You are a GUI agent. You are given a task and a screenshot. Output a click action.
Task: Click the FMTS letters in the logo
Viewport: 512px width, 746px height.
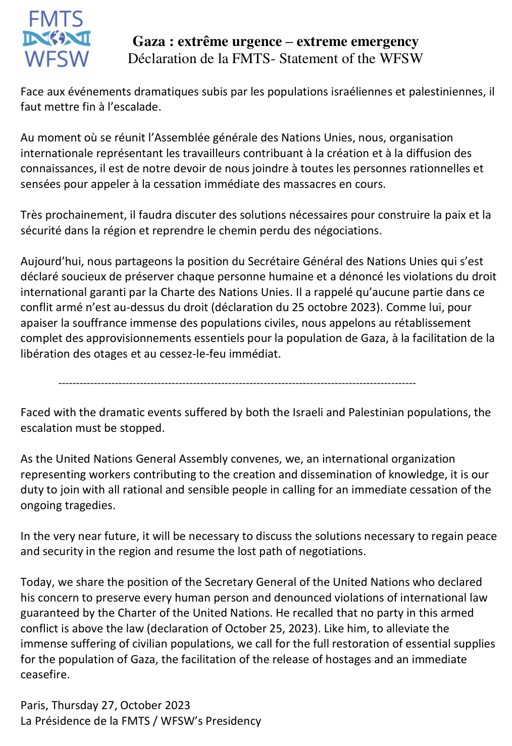(56, 20)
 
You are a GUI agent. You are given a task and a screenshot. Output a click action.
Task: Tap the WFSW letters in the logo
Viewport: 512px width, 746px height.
(57, 59)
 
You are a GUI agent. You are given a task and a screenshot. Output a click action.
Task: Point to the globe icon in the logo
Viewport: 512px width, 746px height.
(57, 38)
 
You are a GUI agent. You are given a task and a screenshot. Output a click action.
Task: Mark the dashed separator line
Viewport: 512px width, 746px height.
(237, 383)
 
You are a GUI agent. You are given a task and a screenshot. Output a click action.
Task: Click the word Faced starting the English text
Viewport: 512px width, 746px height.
(35, 413)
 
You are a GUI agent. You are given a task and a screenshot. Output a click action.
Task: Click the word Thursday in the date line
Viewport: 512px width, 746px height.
(75, 706)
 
